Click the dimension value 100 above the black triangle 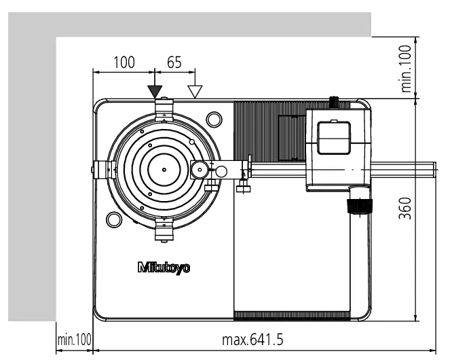click(x=124, y=62)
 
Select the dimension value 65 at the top click(x=174, y=62)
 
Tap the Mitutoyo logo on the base click(x=164, y=267)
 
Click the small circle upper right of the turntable click(x=213, y=120)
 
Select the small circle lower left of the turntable click(x=113, y=219)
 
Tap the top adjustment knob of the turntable click(x=164, y=107)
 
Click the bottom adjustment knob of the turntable click(x=164, y=231)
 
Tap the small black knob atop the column click(x=333, y=103)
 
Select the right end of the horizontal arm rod click(x=432, y=168)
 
